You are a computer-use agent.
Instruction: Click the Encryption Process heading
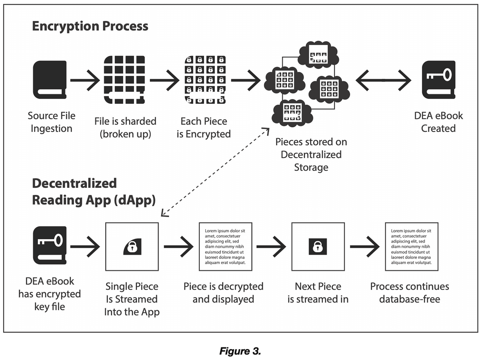90,26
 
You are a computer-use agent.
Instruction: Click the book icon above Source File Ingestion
50,80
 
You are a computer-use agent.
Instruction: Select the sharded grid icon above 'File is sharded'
124,80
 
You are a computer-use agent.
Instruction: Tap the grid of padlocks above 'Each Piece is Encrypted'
205,80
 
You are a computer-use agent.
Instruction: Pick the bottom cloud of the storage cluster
292,113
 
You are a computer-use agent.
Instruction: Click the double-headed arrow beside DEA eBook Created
383,80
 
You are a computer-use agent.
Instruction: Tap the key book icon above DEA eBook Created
438,80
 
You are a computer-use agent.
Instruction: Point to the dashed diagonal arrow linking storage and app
215,172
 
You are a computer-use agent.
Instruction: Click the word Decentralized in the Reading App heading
74,183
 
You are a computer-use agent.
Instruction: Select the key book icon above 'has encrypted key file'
50,245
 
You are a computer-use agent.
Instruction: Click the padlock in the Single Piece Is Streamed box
132,246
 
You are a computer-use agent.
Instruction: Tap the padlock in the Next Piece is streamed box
318,246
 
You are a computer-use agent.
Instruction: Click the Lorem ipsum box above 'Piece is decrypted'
225,246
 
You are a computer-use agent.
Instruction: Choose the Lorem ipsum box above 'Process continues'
411,246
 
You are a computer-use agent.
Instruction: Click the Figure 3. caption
240,351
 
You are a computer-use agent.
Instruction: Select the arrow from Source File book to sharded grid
85,80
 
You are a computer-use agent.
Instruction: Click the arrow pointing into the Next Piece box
271,246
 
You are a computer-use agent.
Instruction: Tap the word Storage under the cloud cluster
311,167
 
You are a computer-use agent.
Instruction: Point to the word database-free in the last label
410,299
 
